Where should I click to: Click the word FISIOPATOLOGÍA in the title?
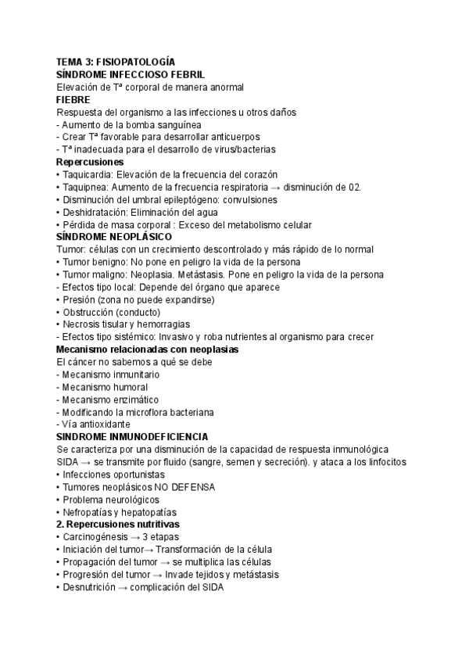click(x=133, y=62)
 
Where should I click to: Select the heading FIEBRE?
click(x=73, y=99)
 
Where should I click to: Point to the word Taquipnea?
click(x=86, y=187)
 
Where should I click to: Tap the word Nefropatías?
click(x=89, y=512)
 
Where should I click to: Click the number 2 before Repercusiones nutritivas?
click(x=60, y=525)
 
